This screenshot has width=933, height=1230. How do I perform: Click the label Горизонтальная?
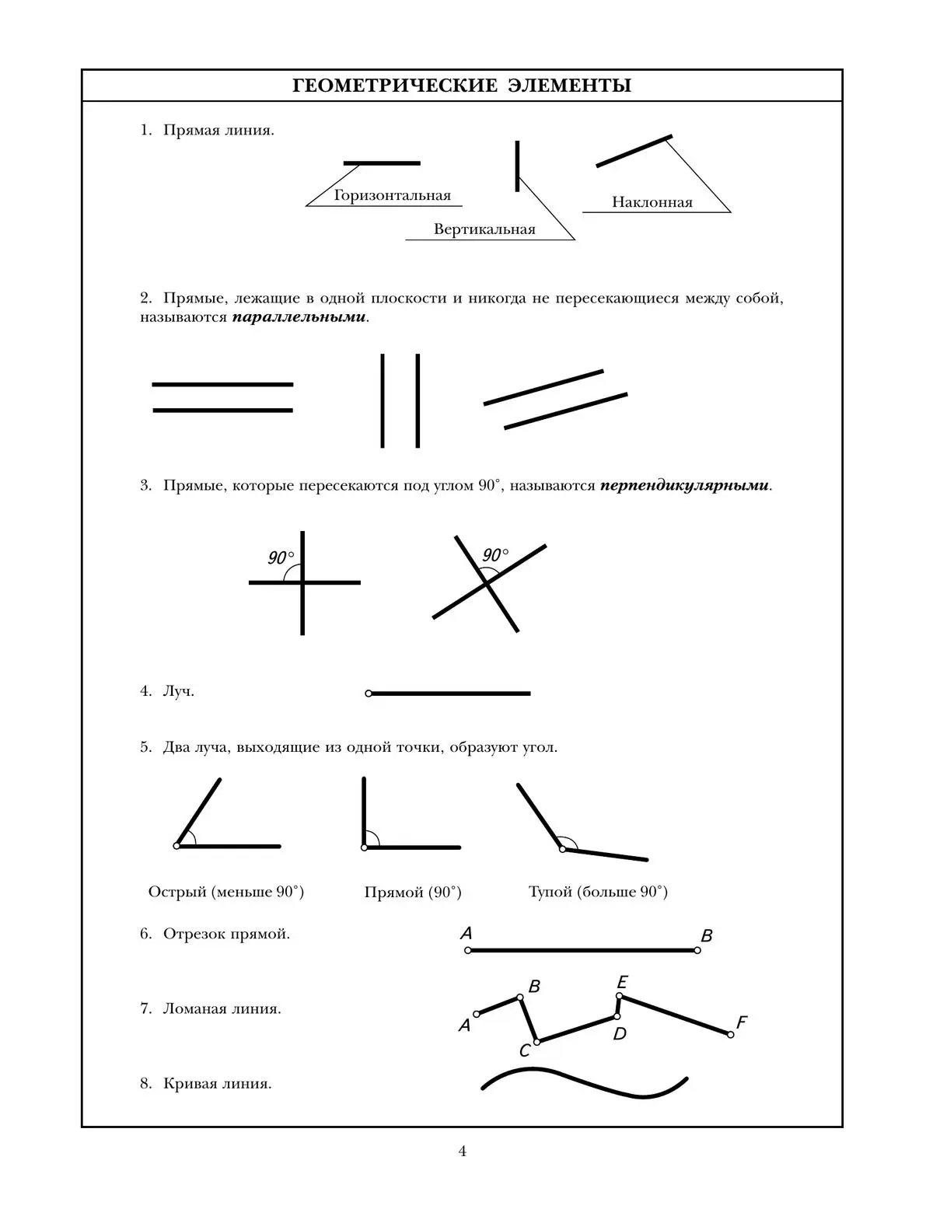pyautogui.click(x=392, y=195)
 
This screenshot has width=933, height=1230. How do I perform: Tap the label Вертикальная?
pyautogui.click(x=484, y=229)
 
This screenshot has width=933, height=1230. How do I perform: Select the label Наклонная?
pyautogui.click(x=652, y=202)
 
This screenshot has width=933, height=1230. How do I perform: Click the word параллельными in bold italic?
pyautogui.click(x=299, y=318)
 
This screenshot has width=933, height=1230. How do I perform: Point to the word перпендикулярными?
pyautogui.click(x=684, y=486)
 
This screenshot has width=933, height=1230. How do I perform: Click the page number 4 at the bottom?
pyautogui.click(x=463, y=1151)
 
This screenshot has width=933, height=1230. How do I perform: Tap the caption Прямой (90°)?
pyautogui.click(x=413, y=893)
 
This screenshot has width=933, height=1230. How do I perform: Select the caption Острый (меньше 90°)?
pyautogui.click(x=225, y=892)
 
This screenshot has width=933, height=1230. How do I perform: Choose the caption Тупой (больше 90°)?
pyautogui.click(x=598, y=892)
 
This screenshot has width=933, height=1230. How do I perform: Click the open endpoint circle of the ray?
pyautogui.click(x=369, y=694)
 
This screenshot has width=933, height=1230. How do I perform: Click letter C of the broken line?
pyautogui.click(x=525, y=1051)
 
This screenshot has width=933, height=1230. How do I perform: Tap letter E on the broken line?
pyautogui.click(x=622, y=983)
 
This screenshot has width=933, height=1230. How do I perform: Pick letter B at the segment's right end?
pyautogui.click(x=706, y=936)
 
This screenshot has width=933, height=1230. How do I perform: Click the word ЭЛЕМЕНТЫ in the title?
pyautogui.click(x=569, y=86)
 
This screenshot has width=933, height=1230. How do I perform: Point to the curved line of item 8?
pyautogui.click(x=583, y=1081)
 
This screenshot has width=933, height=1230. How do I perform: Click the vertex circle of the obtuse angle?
pyautogui.click(x=562, y=848)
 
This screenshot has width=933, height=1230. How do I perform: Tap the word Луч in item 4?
pyautogui.click(x=178, y=691)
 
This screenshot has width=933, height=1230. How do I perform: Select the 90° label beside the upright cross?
pyautogui.click(x=281, y=557)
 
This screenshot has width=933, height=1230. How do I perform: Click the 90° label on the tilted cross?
pyautogui.click(x=495, y=555)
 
